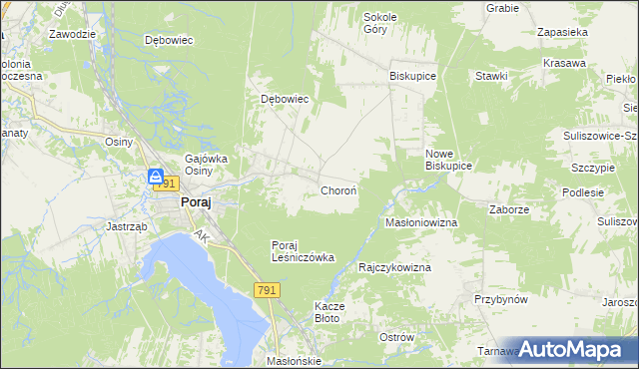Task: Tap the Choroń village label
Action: coord(338,189)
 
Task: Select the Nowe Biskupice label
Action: coord(447,160)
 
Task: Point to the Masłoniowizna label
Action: coord(421,222)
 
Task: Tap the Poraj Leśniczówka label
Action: coord(303,250)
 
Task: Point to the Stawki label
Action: coord(492,76)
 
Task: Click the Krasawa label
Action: coord(564,63)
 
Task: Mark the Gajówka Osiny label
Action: coord(207,164)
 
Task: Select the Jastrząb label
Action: coord(128,226)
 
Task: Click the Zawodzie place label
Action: coord(72,33)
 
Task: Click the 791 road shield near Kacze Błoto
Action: coord(266,289)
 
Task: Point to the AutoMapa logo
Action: coord(571,349)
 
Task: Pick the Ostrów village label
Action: coord(396,337)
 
